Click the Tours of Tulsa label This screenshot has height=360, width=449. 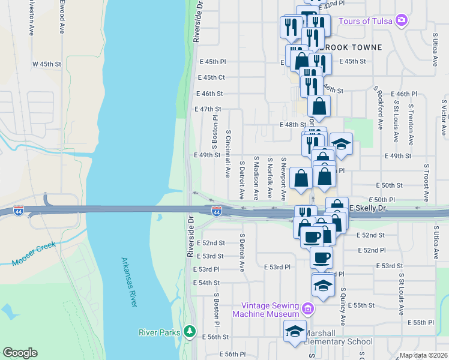tap(365, 21)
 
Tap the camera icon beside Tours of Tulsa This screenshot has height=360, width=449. tap(402, 21)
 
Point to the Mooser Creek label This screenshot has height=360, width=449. tap(34, 254)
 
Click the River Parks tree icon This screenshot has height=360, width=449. tap(190, 331)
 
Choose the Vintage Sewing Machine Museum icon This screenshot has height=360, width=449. tap(308, 309)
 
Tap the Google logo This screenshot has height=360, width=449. tap(20, 352)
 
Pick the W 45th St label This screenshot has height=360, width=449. tap(47, 64)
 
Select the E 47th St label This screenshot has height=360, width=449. tap(208, 109)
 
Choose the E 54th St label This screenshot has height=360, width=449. tap(206, 283)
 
